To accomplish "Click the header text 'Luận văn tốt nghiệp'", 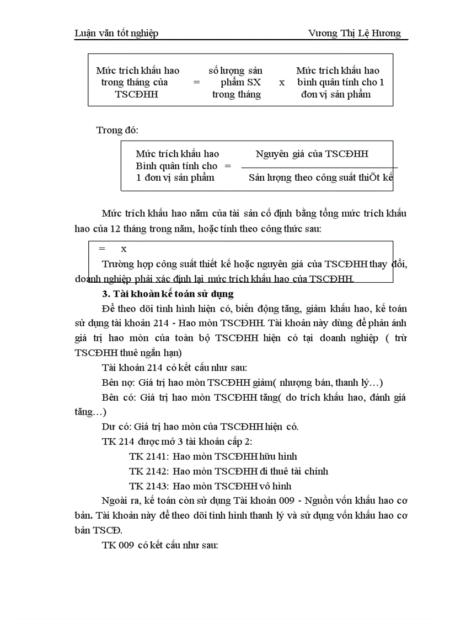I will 116,33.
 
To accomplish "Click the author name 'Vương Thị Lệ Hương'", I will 355,33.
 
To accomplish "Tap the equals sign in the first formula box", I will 196,82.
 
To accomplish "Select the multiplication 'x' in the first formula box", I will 282,82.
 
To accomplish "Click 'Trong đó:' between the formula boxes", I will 117,130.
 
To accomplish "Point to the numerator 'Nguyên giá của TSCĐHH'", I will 312,154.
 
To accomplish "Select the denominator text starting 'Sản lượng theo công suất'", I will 320,177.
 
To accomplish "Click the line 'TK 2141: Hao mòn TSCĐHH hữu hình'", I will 213,456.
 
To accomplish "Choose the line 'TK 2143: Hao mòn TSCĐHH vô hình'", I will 210,486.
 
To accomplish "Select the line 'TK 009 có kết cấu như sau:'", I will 160,545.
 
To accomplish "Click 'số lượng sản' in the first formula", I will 235,71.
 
